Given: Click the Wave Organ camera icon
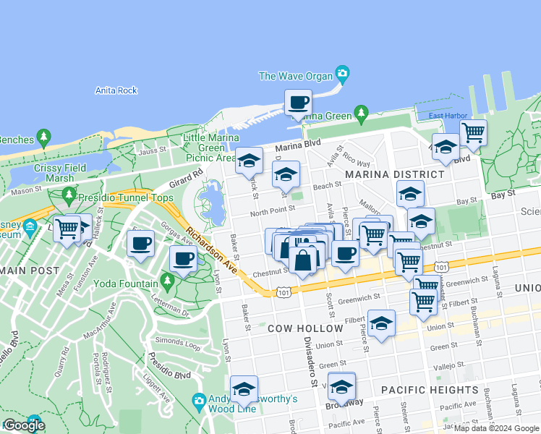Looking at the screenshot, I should pos(343,74).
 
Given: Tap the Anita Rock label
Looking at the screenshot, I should pos(116,90).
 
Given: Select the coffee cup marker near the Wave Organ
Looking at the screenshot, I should pos(297,103).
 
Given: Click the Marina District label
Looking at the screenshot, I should pos(394,174).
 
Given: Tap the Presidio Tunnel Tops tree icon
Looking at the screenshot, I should pos(69,195).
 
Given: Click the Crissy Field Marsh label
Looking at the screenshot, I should pos(60,173).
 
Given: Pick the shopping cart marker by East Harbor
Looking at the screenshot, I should pos(473,133).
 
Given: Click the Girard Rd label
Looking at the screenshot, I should pos(187,178).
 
